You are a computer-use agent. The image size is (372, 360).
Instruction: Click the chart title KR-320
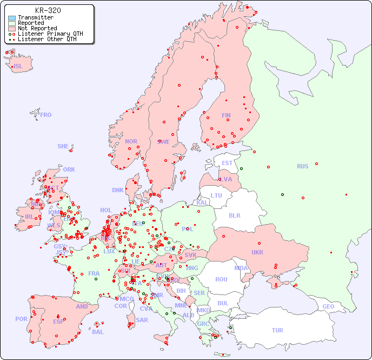(x=48, y=10)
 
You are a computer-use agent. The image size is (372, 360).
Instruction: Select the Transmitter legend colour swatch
(x=12, y=18)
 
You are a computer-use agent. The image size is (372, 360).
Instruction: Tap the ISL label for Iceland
(x=18, y=67)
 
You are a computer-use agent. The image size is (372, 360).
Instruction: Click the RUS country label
(x=302, y=166)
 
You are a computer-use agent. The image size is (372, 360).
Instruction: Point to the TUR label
(x=277, y=330)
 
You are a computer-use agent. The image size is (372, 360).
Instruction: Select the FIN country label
(x=226, y=115)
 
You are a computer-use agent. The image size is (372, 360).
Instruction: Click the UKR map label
(x=257, y=252)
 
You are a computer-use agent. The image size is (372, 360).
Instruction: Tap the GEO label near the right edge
(x=328, y=306)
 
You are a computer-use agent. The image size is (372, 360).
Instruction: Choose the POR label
(x=21, y=319)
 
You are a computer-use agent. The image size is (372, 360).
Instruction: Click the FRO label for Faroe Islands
(x=46, y=115)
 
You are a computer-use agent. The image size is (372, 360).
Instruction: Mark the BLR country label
(x=234, y=215)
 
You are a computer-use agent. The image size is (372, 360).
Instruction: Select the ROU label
(x=221, y=279)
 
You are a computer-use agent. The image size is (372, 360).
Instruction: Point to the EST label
(x=227, y=163)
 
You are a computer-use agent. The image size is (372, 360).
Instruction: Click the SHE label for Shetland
(x=63, y=146)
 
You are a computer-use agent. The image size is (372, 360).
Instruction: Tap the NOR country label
(x=131, y=141)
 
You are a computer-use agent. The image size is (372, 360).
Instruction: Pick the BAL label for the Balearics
(x=97, y=332)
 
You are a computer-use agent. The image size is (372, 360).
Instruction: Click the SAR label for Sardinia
(x=142, y=320)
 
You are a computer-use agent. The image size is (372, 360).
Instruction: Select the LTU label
(x=216, y=195)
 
